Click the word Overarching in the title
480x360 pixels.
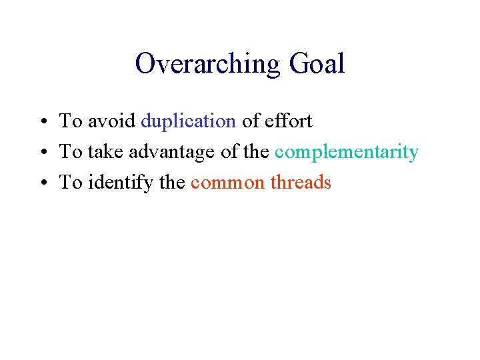(x=208, y=65)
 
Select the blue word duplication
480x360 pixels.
(x=189, y=121)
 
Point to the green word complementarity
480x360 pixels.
(x=346, y=152)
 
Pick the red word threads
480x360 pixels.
(x=301, y=183)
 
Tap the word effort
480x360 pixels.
(x=289, y=121)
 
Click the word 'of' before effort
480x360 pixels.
(x=251, y=121)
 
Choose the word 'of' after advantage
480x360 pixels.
(x=229, y=152)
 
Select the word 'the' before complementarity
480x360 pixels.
(x=256, y=152)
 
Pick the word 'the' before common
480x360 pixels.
(x=173, y=183)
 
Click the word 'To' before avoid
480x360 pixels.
(x=71, y=121)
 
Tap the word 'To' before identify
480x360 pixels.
(x=71, y=183)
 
